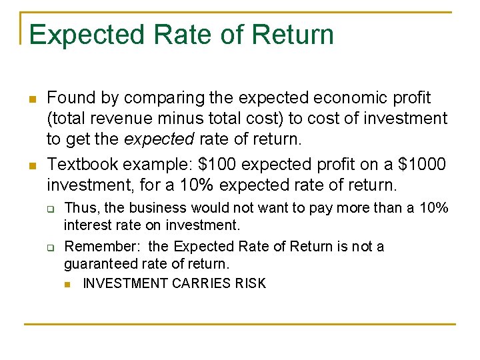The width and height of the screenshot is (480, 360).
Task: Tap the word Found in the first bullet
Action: pyautogui.click(x=71, y=98)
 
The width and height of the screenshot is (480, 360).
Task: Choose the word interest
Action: pyautogui.click(x=87, y=226)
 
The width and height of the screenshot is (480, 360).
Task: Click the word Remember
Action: pyautogui.click(x=97, y=247)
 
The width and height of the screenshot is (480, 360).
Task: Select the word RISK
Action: pyautogui.click(x=251, y=283)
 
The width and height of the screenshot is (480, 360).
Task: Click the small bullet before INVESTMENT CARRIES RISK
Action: pyautogui.click(x=69, y=285)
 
